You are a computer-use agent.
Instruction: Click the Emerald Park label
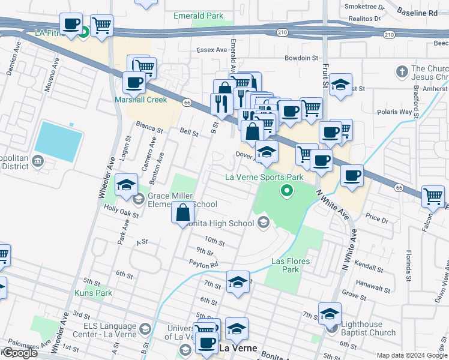pos(198,16)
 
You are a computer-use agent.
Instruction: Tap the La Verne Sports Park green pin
pos(287,191)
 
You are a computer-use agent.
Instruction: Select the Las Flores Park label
pos(285,265)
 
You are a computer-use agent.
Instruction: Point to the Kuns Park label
pos(93,293)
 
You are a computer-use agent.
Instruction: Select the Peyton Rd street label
pos(203,263)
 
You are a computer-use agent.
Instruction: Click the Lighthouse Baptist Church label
pos(368,328)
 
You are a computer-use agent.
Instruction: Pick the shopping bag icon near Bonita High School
pos(182,212)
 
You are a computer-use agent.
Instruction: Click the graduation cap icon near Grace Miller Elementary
pos(126,185)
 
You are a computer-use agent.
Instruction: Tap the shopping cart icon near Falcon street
pos(432,195)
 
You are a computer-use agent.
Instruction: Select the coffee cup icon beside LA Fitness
pos(71,24)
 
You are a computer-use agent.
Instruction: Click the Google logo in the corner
pos(19,353)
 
